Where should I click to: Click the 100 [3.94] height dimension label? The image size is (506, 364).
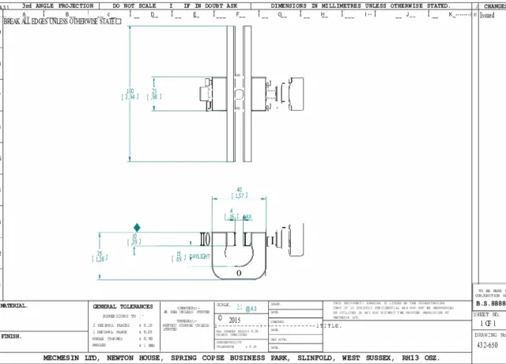coord(131,94)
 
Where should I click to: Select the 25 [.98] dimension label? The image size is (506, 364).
coord(155,93)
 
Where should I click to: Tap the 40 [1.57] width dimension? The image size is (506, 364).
coord(238,192)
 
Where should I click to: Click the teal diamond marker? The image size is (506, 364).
coord(137,227)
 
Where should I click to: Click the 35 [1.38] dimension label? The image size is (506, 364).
coord(100,256)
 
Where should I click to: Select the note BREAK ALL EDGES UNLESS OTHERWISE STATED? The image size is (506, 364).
coord(62,21)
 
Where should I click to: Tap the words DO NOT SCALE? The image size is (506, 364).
coord(136,6)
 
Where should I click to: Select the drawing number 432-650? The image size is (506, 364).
coord(486,346)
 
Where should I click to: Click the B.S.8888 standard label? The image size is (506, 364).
coord(489,303)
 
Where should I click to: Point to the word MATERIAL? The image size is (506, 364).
coord(14,305)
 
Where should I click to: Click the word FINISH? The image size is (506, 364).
coord(11,336)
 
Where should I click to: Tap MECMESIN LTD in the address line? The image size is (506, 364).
coord(71,358)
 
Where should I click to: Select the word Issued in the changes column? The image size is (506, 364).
coord(488,15)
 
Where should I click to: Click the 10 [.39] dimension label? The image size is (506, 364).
coord(134,238)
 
